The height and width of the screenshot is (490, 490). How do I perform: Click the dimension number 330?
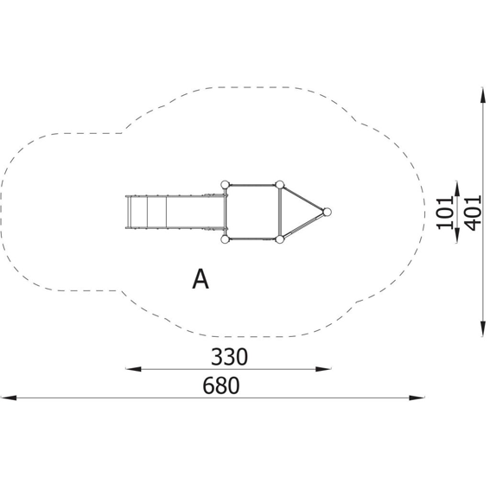coord(229,357)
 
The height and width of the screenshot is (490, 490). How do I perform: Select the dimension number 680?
coord(221,385)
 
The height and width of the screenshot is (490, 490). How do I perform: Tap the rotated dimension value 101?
coord(445,213)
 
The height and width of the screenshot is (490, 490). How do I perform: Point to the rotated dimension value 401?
coord(472,213)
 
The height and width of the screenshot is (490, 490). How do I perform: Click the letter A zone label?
coord(200,279)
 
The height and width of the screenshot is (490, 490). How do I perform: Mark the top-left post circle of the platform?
coord(225,185)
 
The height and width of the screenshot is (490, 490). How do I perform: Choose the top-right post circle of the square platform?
coord(280,185)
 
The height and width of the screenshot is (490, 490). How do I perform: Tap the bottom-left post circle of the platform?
coord(225,239)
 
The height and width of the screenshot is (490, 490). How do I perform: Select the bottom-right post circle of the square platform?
coord(280,239)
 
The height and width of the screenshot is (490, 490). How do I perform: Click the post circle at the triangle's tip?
coord(327,213)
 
